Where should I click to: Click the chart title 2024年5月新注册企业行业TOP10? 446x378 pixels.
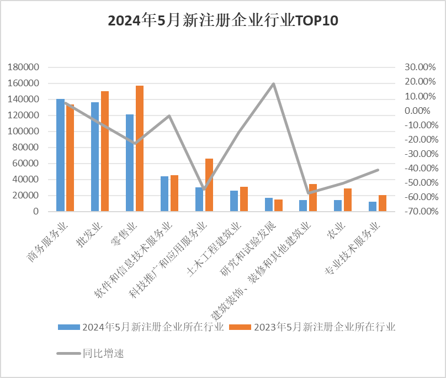[222, 22]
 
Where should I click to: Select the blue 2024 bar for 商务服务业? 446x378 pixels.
[60, 155]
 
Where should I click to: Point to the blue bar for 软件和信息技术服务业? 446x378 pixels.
[164, 193]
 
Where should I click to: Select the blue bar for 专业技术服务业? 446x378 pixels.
[373, 206]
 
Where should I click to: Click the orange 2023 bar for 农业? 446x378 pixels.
[348, 200]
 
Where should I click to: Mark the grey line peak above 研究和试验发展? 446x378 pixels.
[273, 84]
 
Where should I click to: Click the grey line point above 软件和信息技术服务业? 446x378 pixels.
[169, 116]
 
